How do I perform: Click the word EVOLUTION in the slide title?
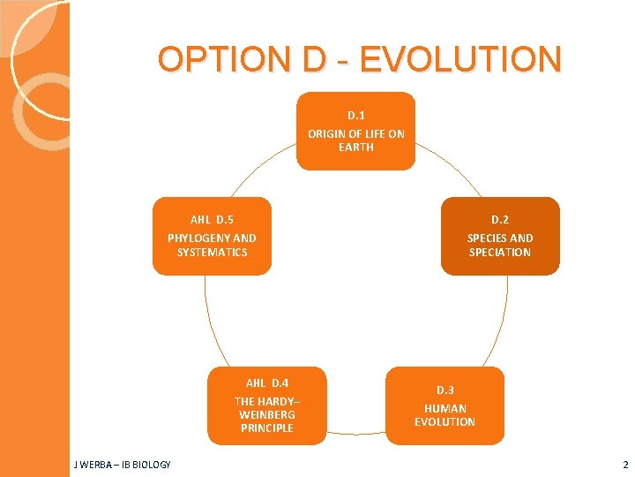coord(460,60)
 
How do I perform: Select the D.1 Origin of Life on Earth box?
coord(355,131)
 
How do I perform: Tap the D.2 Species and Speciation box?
coord(499,236)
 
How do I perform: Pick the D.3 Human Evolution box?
coord(444,405)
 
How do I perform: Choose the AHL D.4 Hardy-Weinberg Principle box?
coord(266,405)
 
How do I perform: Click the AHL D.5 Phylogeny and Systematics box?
coord(212,236)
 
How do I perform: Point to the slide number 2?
coord(624,465)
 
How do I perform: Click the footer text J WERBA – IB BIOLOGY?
coord(123,465)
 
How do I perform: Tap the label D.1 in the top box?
coord(356,116)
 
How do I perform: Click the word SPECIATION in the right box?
coord(499,253)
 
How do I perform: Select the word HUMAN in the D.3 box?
coord(444,409)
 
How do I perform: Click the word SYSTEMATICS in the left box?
coord(212,253)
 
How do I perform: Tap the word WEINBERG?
coord(266,415)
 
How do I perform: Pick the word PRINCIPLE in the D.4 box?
coord(266,428)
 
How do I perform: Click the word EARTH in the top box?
coord(356,148)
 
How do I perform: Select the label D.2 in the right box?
coord(500,220)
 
